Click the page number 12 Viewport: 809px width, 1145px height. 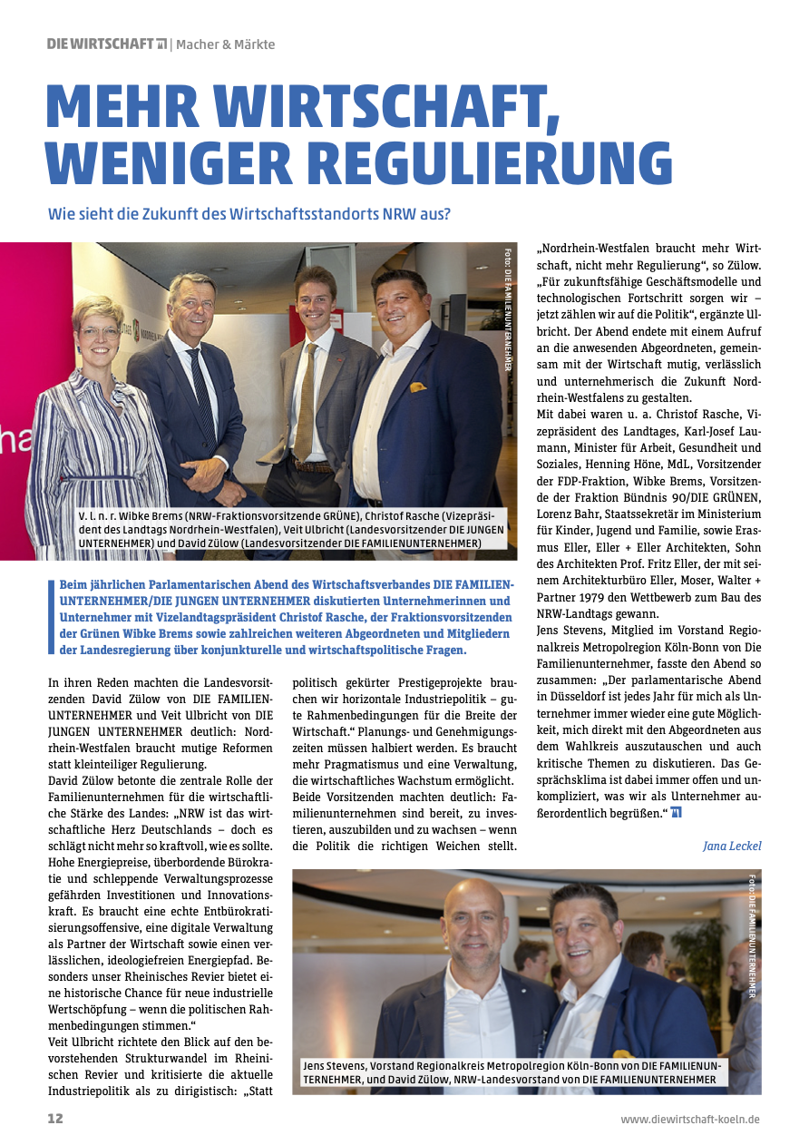(55, 1119)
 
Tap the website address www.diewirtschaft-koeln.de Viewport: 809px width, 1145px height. (690, 1120)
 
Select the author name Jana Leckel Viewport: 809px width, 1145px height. (732, 846)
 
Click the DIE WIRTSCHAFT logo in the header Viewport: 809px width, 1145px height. (106, 44)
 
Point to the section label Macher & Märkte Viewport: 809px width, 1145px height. (225, 44)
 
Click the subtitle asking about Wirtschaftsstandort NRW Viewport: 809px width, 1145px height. (249, 215)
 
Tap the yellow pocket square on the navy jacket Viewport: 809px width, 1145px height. (418, 388)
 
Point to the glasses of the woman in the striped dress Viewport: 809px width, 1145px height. (100, 332)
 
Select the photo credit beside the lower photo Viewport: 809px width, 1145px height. (753, 935)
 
